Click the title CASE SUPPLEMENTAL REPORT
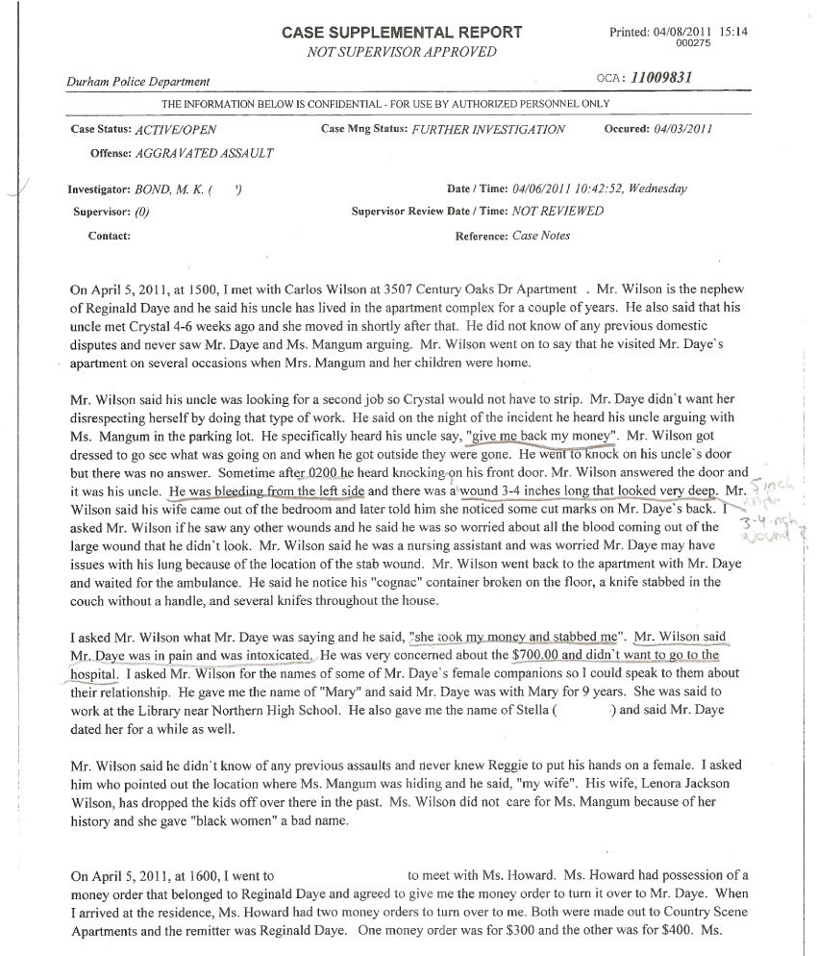coord(403,33)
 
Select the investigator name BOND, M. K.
coord(176,189)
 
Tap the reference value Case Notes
coord(539,236)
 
